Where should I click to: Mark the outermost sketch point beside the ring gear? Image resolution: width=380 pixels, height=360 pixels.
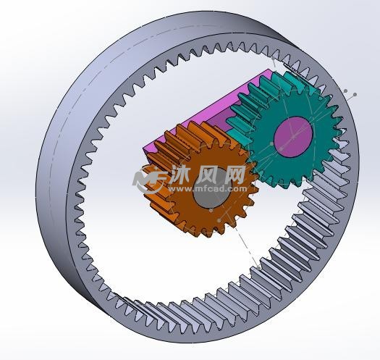[x=354, y=95]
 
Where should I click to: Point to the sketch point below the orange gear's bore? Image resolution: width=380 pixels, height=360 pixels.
[x=211, y=210]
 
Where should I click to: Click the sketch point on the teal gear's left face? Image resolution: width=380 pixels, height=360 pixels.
[x=272, y=144]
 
